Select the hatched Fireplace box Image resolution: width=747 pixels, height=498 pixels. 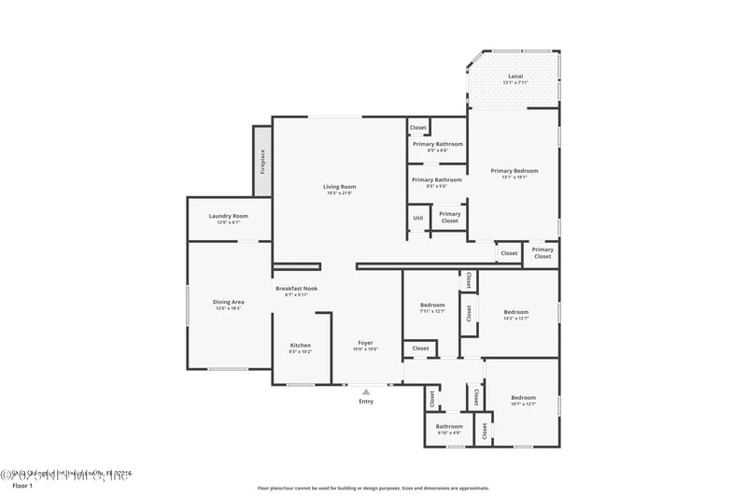click(262, 161)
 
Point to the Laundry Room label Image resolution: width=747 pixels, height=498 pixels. click(229, 219)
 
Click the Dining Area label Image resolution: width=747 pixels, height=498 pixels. click(229, 305)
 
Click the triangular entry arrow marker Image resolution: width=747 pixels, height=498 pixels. click(366, 391)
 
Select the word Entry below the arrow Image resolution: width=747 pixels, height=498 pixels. click(366, 402)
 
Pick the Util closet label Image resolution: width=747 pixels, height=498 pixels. click(417, 218)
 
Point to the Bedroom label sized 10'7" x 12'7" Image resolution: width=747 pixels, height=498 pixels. click(523, 400)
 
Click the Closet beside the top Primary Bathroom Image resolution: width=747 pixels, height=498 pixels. click(418, 127)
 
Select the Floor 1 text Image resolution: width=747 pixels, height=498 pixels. click(21, 486)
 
